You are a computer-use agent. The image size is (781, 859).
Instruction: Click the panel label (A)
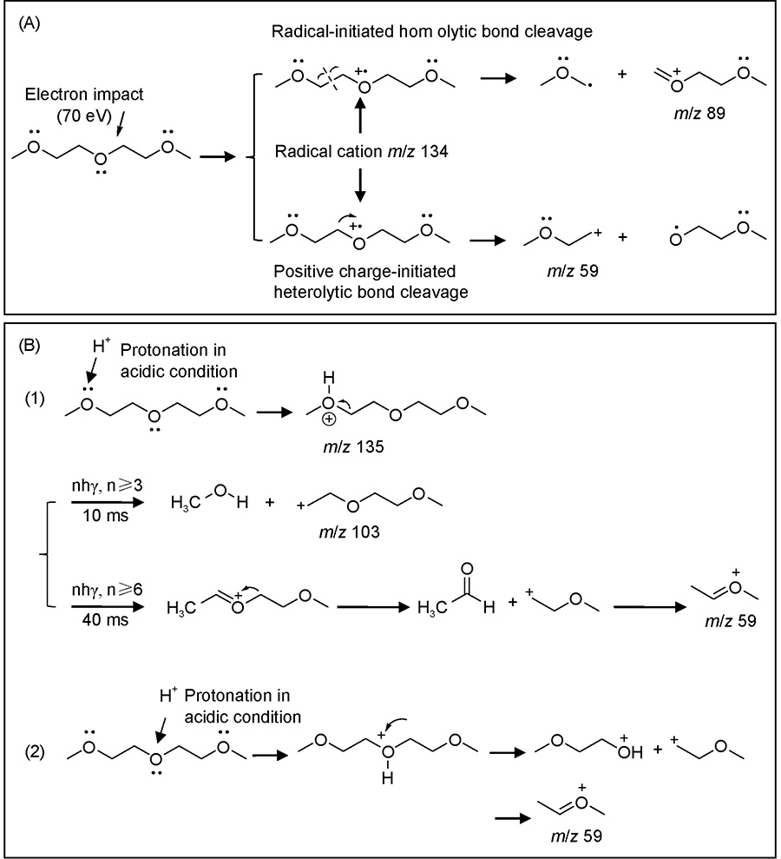[29, 23]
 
